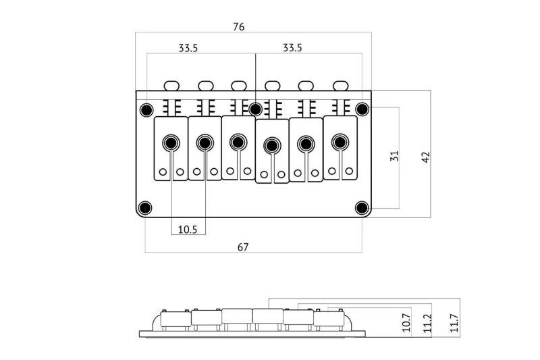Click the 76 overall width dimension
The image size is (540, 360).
point(239,26)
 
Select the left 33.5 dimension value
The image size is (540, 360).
point(188,48)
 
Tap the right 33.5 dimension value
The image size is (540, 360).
point(292,47)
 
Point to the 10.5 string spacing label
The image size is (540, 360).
point(188,230)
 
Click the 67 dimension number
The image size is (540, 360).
point(243,247)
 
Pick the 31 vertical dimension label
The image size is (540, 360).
point(394,156)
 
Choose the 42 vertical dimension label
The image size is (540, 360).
point(426,157)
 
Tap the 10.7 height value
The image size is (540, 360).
point(406,322)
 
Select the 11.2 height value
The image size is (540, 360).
point(427,323)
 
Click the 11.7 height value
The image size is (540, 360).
point(454,323)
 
